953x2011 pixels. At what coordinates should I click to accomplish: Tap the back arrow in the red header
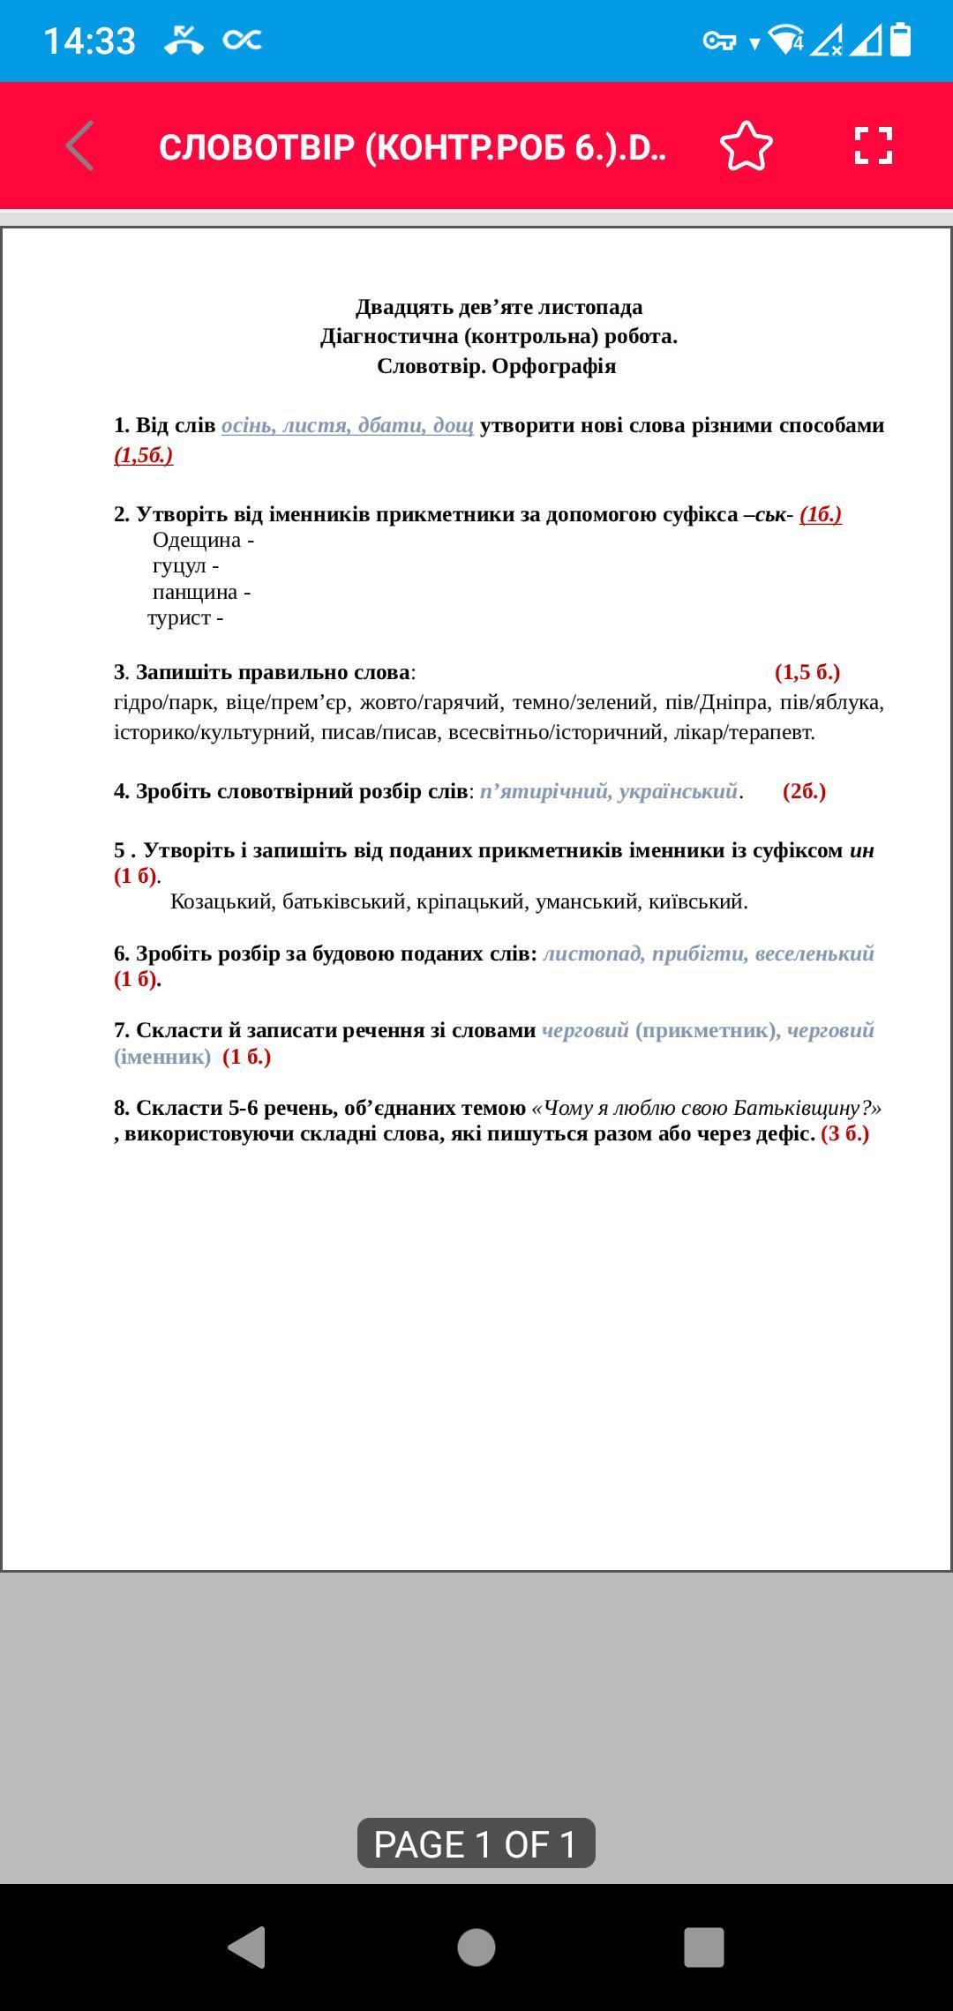(80, 146)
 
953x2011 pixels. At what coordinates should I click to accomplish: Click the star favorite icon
(746, 146)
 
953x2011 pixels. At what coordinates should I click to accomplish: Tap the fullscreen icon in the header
(873, 146)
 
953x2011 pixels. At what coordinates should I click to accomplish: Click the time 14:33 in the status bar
(89, 41)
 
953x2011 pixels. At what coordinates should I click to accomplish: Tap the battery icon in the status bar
(900, 41)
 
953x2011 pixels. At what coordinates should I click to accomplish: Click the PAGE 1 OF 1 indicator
(476, 1843)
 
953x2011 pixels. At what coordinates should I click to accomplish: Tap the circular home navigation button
(476, 1947)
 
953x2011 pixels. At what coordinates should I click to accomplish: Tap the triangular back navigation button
(247, 1947)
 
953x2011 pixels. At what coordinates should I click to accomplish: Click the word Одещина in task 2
(197, 540)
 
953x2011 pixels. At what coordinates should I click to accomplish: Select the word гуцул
(179, 565)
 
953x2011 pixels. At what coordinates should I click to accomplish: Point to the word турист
(179, 617)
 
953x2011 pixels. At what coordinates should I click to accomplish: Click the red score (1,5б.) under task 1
(144, 455)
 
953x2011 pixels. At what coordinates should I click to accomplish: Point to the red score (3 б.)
(844, 1133)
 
